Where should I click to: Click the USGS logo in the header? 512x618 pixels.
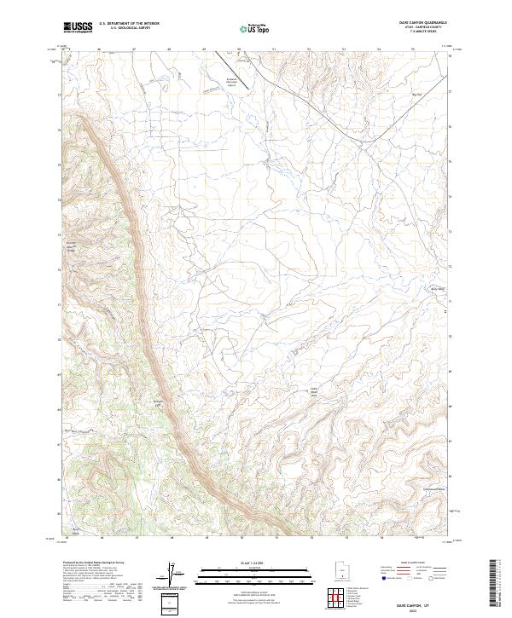(x=78, y=28)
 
